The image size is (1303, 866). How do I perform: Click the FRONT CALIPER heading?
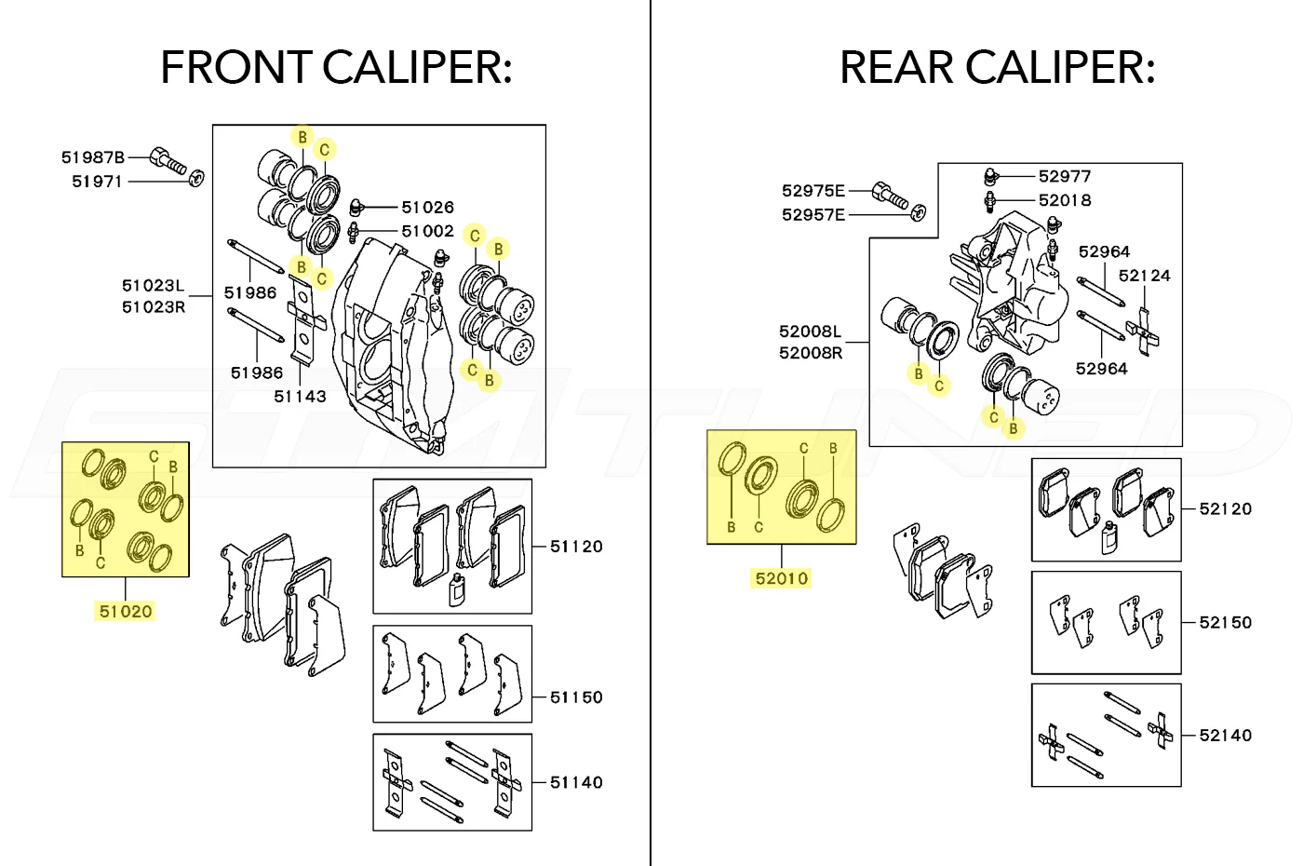[x=336, y=68]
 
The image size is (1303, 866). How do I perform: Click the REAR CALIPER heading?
[x=997, y=68]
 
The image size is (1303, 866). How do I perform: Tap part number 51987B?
[x=93, y=157]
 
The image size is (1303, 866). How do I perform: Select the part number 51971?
[x=98, y=182]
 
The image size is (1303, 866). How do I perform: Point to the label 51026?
[x=427, y=207]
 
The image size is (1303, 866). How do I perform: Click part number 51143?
[x=300, y=397]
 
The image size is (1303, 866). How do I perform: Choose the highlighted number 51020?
[x=126, y=612]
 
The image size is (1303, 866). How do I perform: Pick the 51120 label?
[x=576, y=547]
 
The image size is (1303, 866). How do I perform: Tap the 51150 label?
[x=576, y=697]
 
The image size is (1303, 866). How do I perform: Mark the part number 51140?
[x=576, y=783]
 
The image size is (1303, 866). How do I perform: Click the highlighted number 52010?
[x=782, y=578]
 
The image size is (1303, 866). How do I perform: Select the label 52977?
[x=1065, y=176]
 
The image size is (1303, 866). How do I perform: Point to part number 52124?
[x=1144, y=276]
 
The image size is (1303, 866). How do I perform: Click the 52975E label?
[x=813, y=191]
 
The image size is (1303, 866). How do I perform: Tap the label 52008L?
[x=810, y=332]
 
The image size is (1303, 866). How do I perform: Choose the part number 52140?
[x=1225, y=736]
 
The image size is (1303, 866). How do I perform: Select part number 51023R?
[x=154, y=307]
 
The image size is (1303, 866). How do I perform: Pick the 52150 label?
[x=1225, y=623]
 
